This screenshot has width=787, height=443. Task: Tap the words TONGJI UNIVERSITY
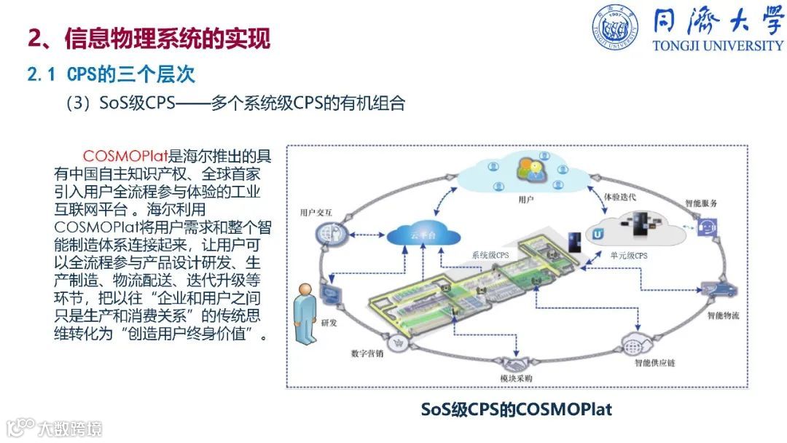[718, 45]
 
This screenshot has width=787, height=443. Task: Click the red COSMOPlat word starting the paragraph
[125, 157]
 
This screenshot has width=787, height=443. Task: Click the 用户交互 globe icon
[326, 233]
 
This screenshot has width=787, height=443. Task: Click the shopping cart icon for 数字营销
[398, 342]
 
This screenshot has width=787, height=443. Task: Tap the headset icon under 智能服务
[707, 226]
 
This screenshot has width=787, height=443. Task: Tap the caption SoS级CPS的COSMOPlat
[517, 409]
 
